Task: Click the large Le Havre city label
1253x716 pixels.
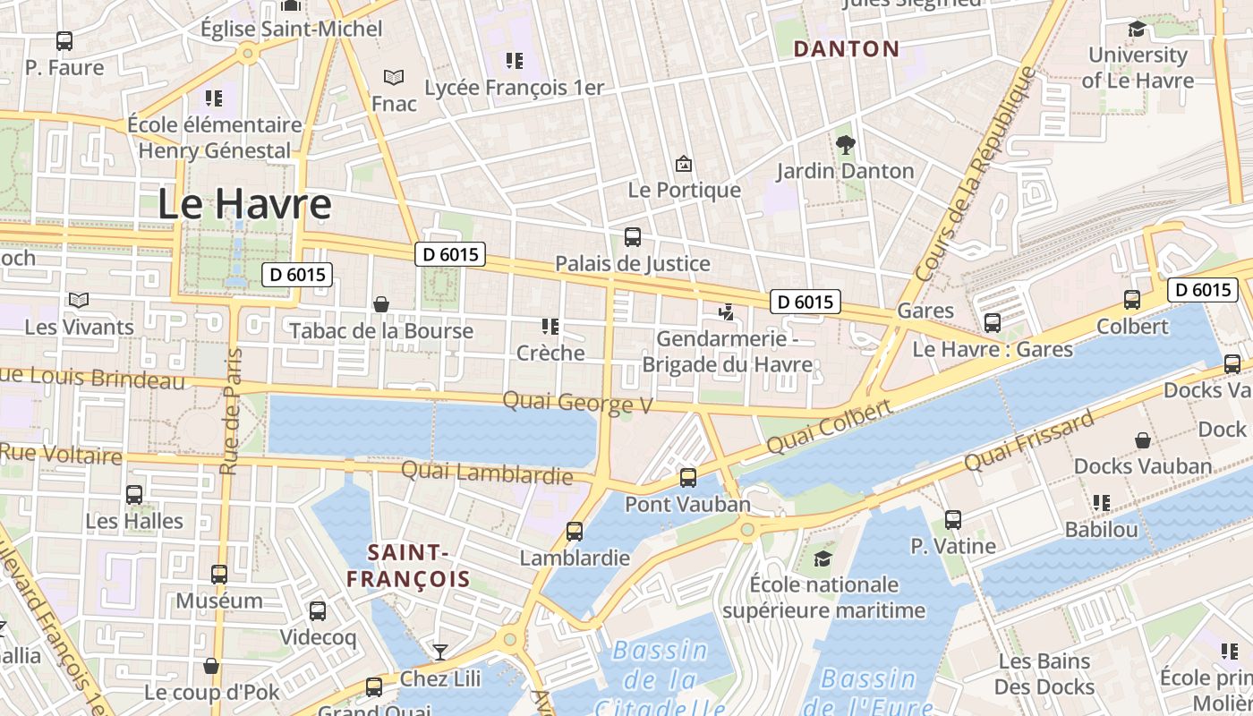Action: tap(244, 204)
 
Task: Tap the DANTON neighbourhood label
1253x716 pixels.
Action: tap(846, 49)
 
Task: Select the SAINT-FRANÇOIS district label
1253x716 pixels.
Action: tap(408, 566)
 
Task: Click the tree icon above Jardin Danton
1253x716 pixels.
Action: tap(845, 144)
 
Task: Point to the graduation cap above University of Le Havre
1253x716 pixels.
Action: tap(1137, 30)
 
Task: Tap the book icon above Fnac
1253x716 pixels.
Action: tap(394, 78)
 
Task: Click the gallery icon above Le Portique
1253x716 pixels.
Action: tap(684, 164)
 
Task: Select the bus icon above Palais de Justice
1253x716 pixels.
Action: tap(632, 237)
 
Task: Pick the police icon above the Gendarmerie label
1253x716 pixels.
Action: tap(727, 312)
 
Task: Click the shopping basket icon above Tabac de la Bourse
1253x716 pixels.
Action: tap(381, 304)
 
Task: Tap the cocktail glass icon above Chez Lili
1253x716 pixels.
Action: tap(439, 652)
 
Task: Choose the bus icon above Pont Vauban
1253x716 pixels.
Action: tap(687, 478)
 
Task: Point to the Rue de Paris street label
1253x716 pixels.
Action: tap(232, 412)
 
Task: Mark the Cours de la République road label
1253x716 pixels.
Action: tap(976, 170)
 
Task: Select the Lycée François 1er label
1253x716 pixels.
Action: tap(514, 88)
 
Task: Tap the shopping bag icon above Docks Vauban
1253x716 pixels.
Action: tap(1143, 440)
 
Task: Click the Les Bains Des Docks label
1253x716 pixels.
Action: tap(1044, 674)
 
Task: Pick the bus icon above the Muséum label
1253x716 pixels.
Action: tap(219, 575)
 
